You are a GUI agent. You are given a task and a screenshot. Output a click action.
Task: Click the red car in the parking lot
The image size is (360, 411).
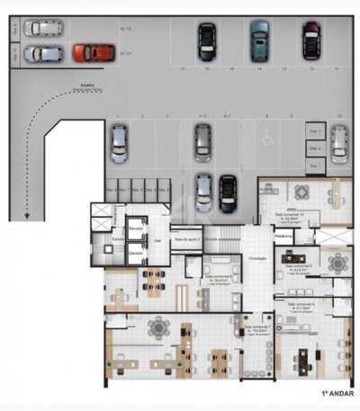click(88, 53)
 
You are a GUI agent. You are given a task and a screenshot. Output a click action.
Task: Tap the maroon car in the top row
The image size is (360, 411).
click(310, 39)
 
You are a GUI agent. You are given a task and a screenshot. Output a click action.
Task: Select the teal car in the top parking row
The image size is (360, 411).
click(259, 39)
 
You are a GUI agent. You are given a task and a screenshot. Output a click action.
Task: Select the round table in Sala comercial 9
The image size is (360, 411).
click(337, 262)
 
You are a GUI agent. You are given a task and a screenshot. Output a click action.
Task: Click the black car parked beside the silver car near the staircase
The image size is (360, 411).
click(228, 192)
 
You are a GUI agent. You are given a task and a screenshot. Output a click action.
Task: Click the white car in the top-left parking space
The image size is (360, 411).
click(40, 28)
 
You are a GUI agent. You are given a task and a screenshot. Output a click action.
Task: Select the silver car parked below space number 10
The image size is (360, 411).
click(338, 139)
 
